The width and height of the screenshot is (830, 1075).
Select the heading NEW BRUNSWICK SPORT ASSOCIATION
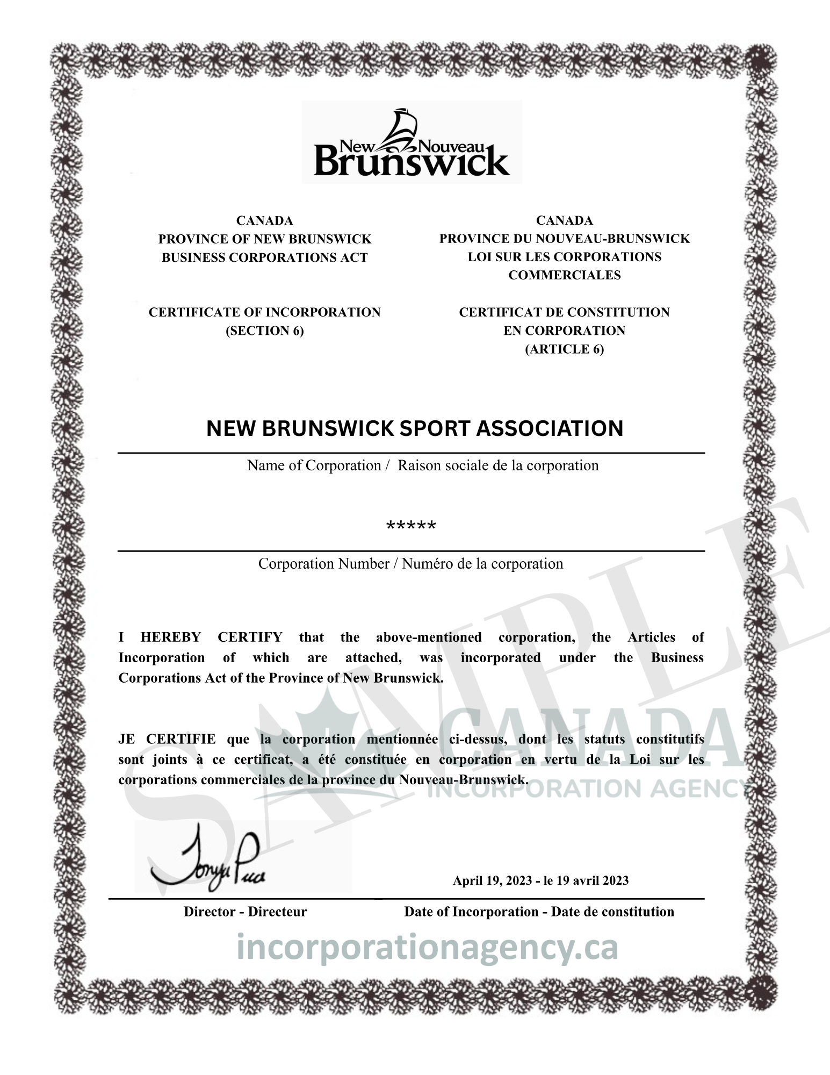(x=415, y=428)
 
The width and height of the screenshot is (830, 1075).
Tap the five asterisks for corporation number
(x=412, y=526)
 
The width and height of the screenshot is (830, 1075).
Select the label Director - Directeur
(x=245, y=912)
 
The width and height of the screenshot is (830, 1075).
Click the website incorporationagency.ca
(x=427, y=948)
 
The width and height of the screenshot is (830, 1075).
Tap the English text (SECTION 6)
(x=264, y=331)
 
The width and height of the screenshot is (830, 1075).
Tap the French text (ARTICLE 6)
(x=564, y=349)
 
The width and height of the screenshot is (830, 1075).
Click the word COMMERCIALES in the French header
(x=564, y=275)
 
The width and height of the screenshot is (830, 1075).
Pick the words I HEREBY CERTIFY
(x=200, y=637)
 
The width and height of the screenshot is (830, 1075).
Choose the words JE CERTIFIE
(x=167, y=739)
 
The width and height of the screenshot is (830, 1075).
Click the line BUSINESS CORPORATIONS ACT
(x=264, y=257)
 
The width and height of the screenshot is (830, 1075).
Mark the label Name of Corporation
(x=314, y=465)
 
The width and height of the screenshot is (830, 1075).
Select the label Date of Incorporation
(x=471, y=912)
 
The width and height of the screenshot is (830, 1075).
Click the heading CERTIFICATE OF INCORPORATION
(x=264, y=312)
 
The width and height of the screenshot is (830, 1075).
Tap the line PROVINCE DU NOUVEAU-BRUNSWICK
(x=564, y=238)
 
